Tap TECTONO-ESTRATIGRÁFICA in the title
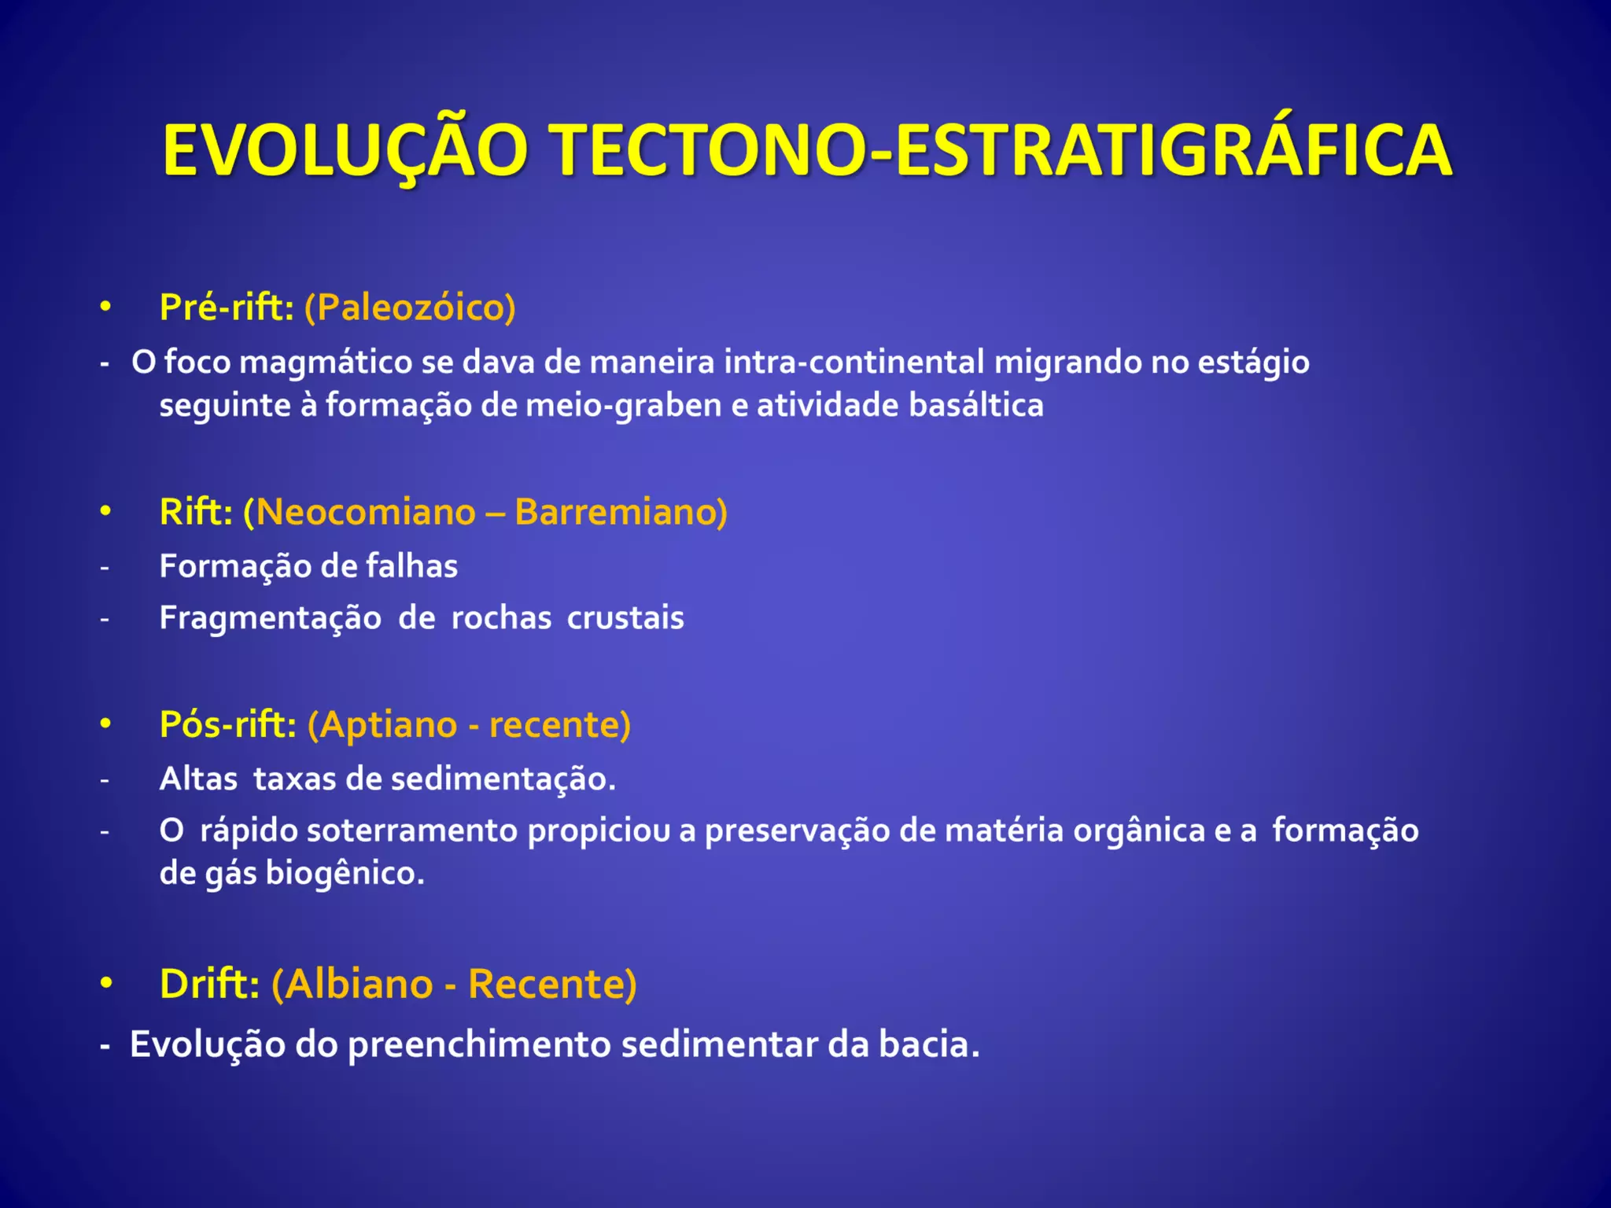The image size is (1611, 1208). (999, 151)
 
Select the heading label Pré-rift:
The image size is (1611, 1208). (227, 307)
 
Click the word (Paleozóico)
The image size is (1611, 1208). (410, 307)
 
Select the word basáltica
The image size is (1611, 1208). (976, 406)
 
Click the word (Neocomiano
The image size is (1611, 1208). (359, 512)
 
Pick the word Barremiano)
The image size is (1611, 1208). (621, 512)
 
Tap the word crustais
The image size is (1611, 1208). (625, 618)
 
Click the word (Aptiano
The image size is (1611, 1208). (382, 724)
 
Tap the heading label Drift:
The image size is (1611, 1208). (209, 984)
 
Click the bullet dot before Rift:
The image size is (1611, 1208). (105, 511)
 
